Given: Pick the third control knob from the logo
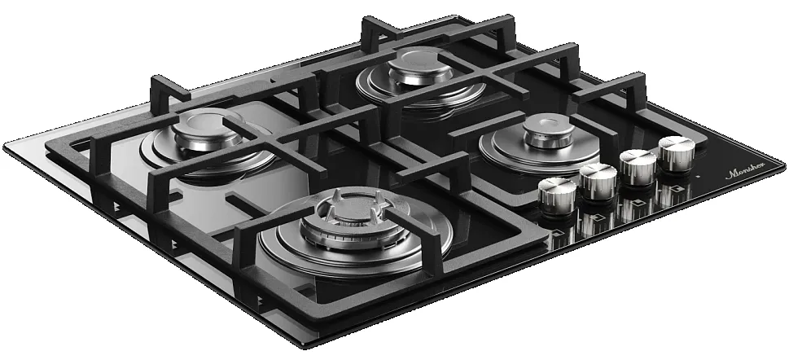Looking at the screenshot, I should [x=598, y=179].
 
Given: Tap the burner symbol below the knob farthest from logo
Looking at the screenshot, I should [x=558, y=237].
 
